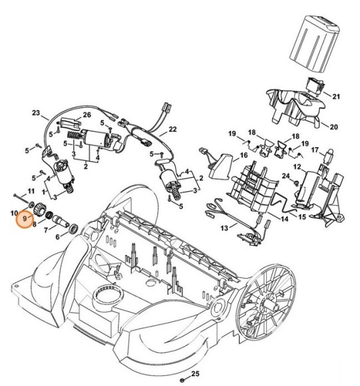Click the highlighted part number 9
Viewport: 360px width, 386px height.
tap(25, 218)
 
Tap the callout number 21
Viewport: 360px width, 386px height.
tap(336, 96)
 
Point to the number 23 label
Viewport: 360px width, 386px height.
tap(36, 113)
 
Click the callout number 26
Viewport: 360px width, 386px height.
tap(87, 115)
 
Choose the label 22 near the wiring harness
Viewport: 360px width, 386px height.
tap(172, 129)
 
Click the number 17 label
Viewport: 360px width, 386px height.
tap(316, 150)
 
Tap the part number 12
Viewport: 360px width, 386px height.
tap(298, 166)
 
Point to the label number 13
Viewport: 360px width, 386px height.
tap(224, 227)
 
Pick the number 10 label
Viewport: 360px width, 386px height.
tap(15, 213)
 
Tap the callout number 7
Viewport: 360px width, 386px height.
tap(45, 230)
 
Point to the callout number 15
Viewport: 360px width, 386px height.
tap(301, 217)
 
